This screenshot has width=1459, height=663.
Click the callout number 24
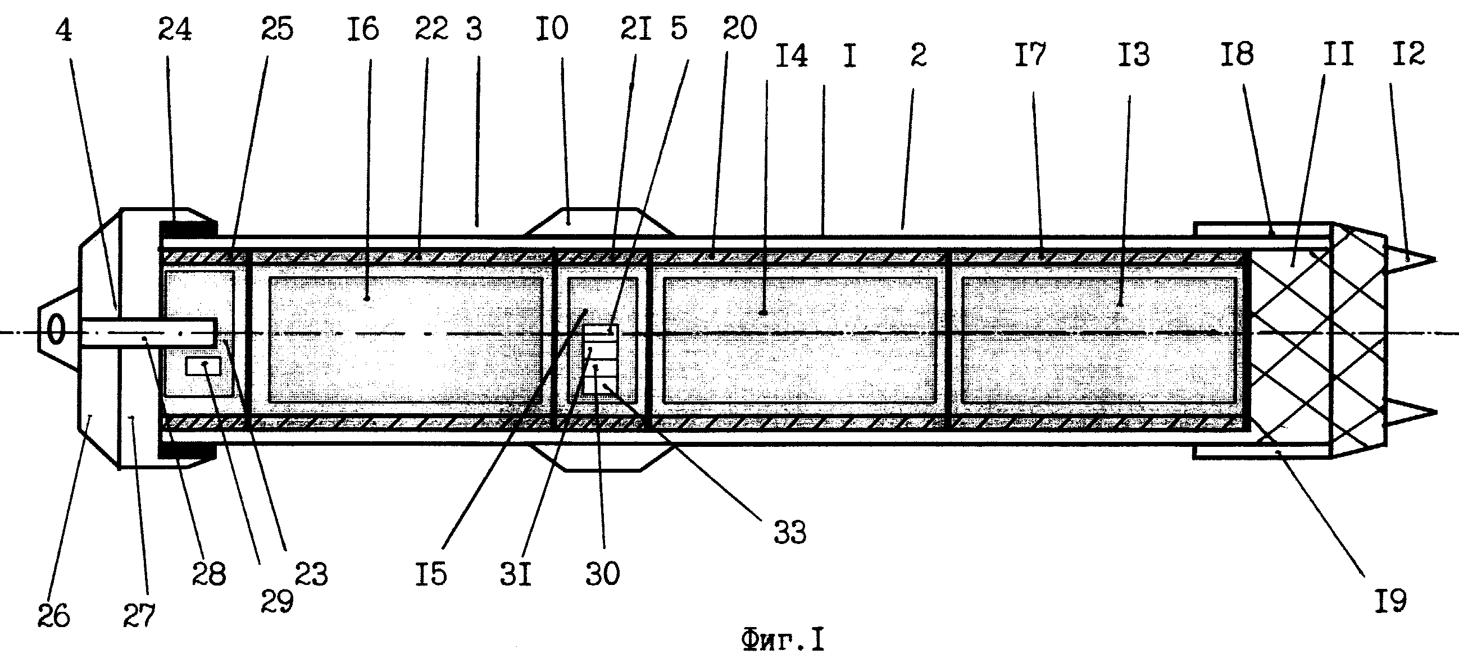(175, 29)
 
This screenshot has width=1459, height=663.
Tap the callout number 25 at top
(277, 29)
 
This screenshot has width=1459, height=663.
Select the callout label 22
(431, 29)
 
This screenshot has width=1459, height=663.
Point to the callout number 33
(790, 533)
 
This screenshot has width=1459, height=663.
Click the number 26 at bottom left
(54, 615)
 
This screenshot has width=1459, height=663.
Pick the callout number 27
(139, 615)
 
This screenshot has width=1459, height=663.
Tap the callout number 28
(209, 574)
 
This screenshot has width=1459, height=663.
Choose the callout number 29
(277, 601)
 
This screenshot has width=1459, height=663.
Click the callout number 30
(603, 574)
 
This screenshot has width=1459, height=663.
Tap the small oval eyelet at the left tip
(56, 329)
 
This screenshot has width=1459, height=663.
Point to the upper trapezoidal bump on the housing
(599, 221)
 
